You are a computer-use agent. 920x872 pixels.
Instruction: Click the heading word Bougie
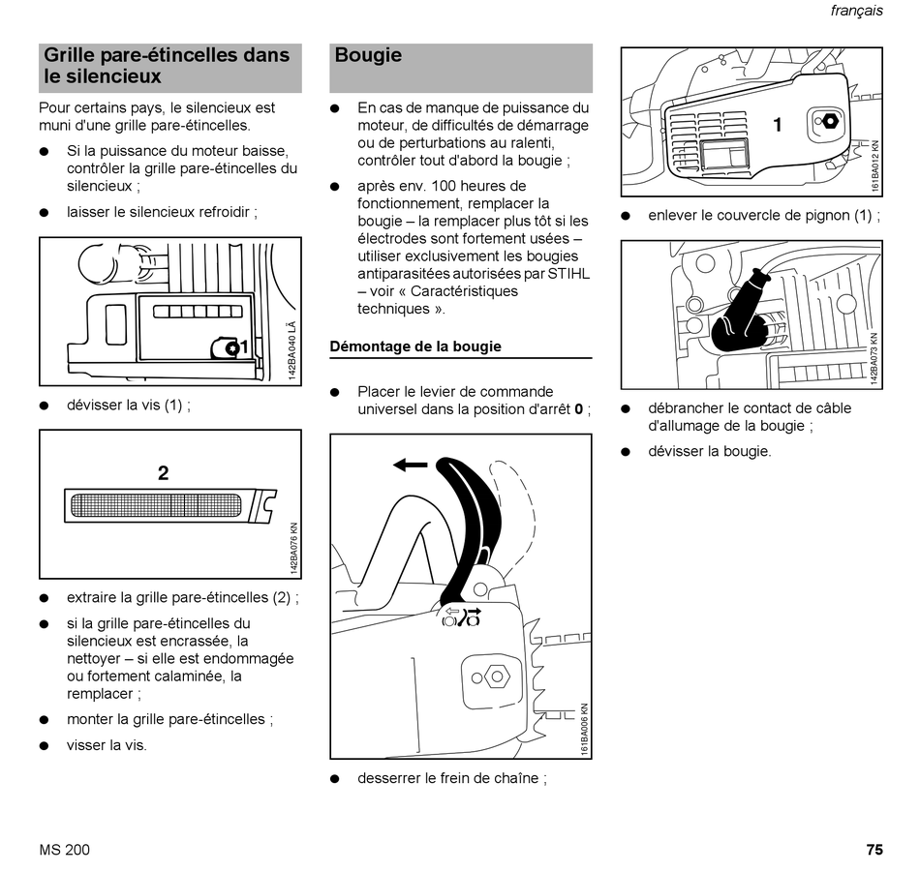tap(368, 56)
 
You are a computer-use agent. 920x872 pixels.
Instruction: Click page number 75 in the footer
tap(874, 851)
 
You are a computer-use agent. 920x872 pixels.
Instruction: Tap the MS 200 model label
tap(65, 851)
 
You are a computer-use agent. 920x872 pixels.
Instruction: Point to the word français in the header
tap(857, 11)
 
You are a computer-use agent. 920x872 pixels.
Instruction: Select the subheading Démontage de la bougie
tap(415, 346)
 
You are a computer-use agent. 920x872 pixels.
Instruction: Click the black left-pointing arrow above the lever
tap(411, 466)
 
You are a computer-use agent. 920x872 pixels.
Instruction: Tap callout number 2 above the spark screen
tap(163, 473)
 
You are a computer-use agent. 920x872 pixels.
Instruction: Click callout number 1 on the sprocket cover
tap(777, 125)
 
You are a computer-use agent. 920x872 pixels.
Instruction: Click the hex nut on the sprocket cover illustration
tap(830, 122)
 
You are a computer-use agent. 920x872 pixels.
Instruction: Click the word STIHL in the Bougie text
tap(569, 274)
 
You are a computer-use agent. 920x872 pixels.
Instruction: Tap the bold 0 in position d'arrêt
tap(578, 409)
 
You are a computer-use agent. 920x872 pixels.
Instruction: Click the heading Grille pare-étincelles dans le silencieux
tap(167, 66)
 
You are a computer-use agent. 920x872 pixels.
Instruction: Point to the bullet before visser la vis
tap(45, 746)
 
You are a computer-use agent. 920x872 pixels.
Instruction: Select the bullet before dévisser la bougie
tap(626, 452)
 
